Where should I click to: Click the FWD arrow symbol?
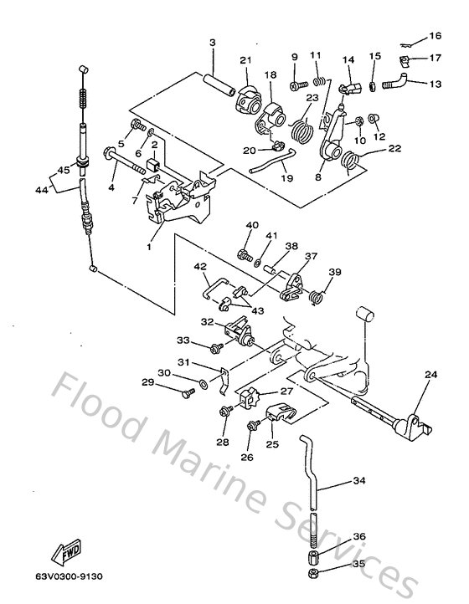click(66, 553)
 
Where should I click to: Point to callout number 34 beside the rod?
click(358, 481)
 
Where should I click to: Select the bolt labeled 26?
click(250, 427)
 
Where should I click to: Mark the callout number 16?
click(434, 36)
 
